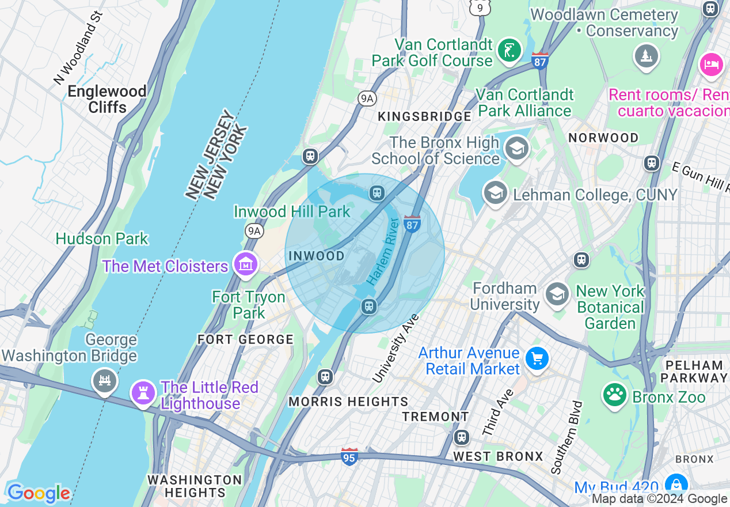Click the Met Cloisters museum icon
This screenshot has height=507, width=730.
(246, 264)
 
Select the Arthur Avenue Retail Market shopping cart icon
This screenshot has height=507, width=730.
(537, 360)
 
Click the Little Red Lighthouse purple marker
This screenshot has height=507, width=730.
(143, 393)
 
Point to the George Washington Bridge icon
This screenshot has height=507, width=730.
(105, 381)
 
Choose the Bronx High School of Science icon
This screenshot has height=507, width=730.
(516, 149)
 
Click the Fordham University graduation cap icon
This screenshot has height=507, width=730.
(557, 294)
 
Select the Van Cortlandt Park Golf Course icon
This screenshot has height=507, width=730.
(509, 51)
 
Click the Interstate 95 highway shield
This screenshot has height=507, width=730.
(349, 456)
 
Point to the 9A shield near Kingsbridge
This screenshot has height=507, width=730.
(367, 99)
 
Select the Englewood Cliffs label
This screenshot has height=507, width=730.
(107, 99)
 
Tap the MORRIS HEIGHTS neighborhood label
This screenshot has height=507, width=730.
(348, 402)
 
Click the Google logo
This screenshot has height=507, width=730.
(39, 493)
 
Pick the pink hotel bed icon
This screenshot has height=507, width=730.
(712, 64)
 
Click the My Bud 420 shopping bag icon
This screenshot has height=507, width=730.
(676, 485)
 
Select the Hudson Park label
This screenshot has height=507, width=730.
(102, 239)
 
